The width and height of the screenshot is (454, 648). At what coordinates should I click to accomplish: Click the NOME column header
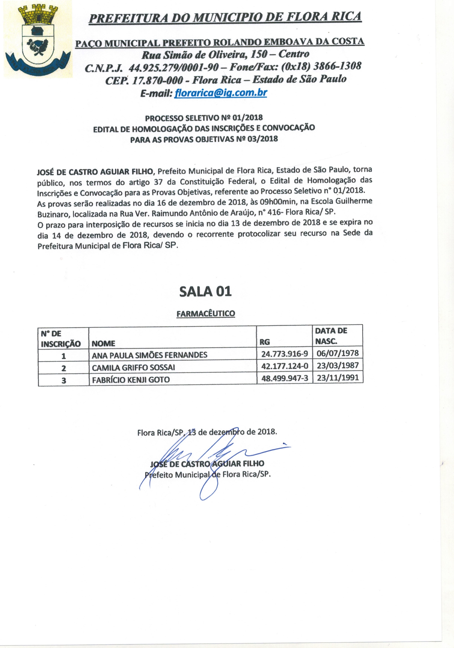point(103,343)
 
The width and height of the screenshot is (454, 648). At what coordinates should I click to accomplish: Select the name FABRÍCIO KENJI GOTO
point(131,380)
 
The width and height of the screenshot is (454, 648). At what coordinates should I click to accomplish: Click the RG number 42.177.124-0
point(285,366)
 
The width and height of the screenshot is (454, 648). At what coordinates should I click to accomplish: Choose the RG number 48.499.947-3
point(285,379)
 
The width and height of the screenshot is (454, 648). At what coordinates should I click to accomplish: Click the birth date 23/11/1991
point(338,378)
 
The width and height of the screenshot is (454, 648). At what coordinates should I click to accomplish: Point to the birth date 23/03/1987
point(338,366)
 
